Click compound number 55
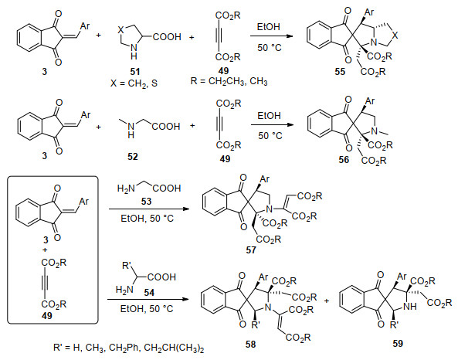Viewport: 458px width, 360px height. tap(340, 72)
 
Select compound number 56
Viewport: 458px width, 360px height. tap(344, 160)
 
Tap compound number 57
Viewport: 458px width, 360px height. tap(251, 250)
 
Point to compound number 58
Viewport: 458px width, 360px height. tap(250, 345)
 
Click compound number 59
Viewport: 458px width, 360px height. tap(398, 344)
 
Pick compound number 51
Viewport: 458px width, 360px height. tap(134, 72)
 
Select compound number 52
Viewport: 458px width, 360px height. tap(132, 157)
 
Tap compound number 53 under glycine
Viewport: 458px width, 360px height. tap(146, 202)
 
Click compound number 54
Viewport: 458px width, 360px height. tap(149, 293)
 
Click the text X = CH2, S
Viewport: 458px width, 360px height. tap(134, 83)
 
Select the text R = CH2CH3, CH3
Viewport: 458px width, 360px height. tap(229, 81)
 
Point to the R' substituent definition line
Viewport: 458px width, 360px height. tap(129, 348)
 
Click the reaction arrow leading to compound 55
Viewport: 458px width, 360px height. tap(272, 36)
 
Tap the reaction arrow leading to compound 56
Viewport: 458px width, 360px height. tap(272, 125)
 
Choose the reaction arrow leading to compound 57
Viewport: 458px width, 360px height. tap(148, 209)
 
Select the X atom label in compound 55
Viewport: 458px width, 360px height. tap(395, 36)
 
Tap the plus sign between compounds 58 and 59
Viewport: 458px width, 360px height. tap(326, 301)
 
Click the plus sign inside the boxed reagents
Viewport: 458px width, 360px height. tap(45, 250)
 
